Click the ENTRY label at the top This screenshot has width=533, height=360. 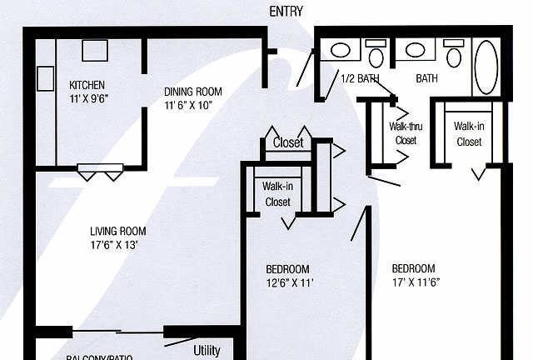pyautogui.click(x=286, y=11)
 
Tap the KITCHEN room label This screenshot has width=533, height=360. pyautogui.click(x=87, y=85)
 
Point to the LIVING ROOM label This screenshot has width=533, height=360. pyautogui.click(x=118, y=232)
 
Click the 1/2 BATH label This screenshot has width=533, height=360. pyautogui.click(x=360, y=78)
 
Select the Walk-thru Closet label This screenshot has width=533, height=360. pyautogui.click(x=406, y=133)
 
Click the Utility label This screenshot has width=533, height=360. pyautogui.click(x=207, y=350)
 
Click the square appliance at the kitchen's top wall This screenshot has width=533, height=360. pyautogui.click(x=92, y=50)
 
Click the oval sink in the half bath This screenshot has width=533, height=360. pyautogui.click(x=340, y=50)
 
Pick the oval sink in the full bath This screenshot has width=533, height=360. pyautogui.click(x=414, y=50)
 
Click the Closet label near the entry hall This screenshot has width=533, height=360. pyautogui.click(x=288, y=143)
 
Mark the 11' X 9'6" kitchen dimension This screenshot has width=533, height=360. pyautogui.click(x=88, y=97)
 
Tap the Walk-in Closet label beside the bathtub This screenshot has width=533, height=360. pyautogui.click(x=468, y=133)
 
